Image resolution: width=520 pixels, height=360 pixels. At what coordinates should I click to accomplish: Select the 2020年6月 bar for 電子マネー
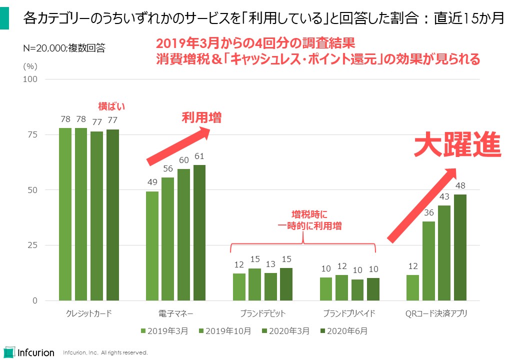(x=199, y=232)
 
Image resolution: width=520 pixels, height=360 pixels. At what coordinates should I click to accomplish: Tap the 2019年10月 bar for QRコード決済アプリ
(x=428, y=261)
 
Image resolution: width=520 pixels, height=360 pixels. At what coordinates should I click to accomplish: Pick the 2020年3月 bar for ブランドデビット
(x=270, y=286)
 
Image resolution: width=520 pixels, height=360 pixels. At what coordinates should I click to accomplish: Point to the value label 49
(x=152, y=182)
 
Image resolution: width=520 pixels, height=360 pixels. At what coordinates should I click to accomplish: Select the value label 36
(x=428, y=212)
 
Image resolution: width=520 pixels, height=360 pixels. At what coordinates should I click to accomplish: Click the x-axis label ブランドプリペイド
(x=349, y=314)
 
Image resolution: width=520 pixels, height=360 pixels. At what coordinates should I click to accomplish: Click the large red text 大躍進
(x=457, y=145)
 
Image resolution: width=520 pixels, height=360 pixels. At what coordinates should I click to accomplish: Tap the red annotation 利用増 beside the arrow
(x=201, y=118)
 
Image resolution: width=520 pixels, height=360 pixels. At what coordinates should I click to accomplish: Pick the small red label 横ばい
(x=110, y=106)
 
